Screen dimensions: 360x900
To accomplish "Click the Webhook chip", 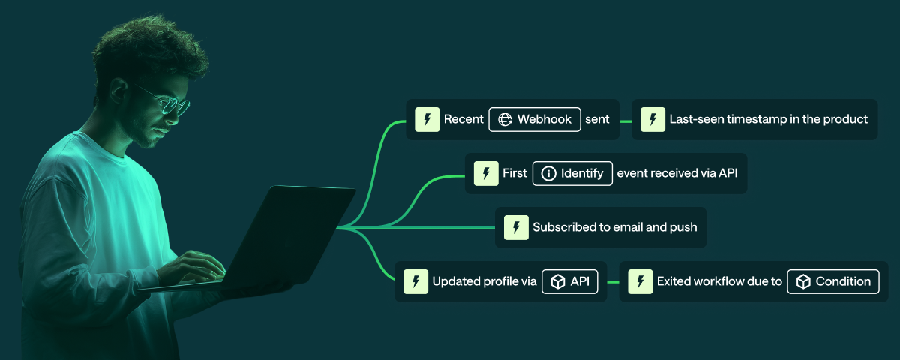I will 535,119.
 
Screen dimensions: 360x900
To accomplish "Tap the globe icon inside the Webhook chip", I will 505,119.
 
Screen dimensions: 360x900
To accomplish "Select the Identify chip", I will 572,173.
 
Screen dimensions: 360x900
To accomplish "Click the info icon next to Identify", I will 548,173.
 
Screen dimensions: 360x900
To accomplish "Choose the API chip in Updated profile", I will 569,281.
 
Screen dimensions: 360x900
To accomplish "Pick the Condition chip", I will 832,281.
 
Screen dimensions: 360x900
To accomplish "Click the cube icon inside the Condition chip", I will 803,281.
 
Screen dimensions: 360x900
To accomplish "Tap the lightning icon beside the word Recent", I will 427,119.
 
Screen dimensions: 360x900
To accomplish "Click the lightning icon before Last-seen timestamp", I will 652,119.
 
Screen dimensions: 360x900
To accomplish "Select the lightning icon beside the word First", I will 486,173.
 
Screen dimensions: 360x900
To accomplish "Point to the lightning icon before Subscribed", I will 516,227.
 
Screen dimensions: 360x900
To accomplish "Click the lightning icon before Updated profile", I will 415,281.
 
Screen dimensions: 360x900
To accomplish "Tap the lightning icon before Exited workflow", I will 640,281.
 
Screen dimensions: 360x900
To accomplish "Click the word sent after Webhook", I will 597,119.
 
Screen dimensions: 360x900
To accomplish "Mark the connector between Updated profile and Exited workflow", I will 613,281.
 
